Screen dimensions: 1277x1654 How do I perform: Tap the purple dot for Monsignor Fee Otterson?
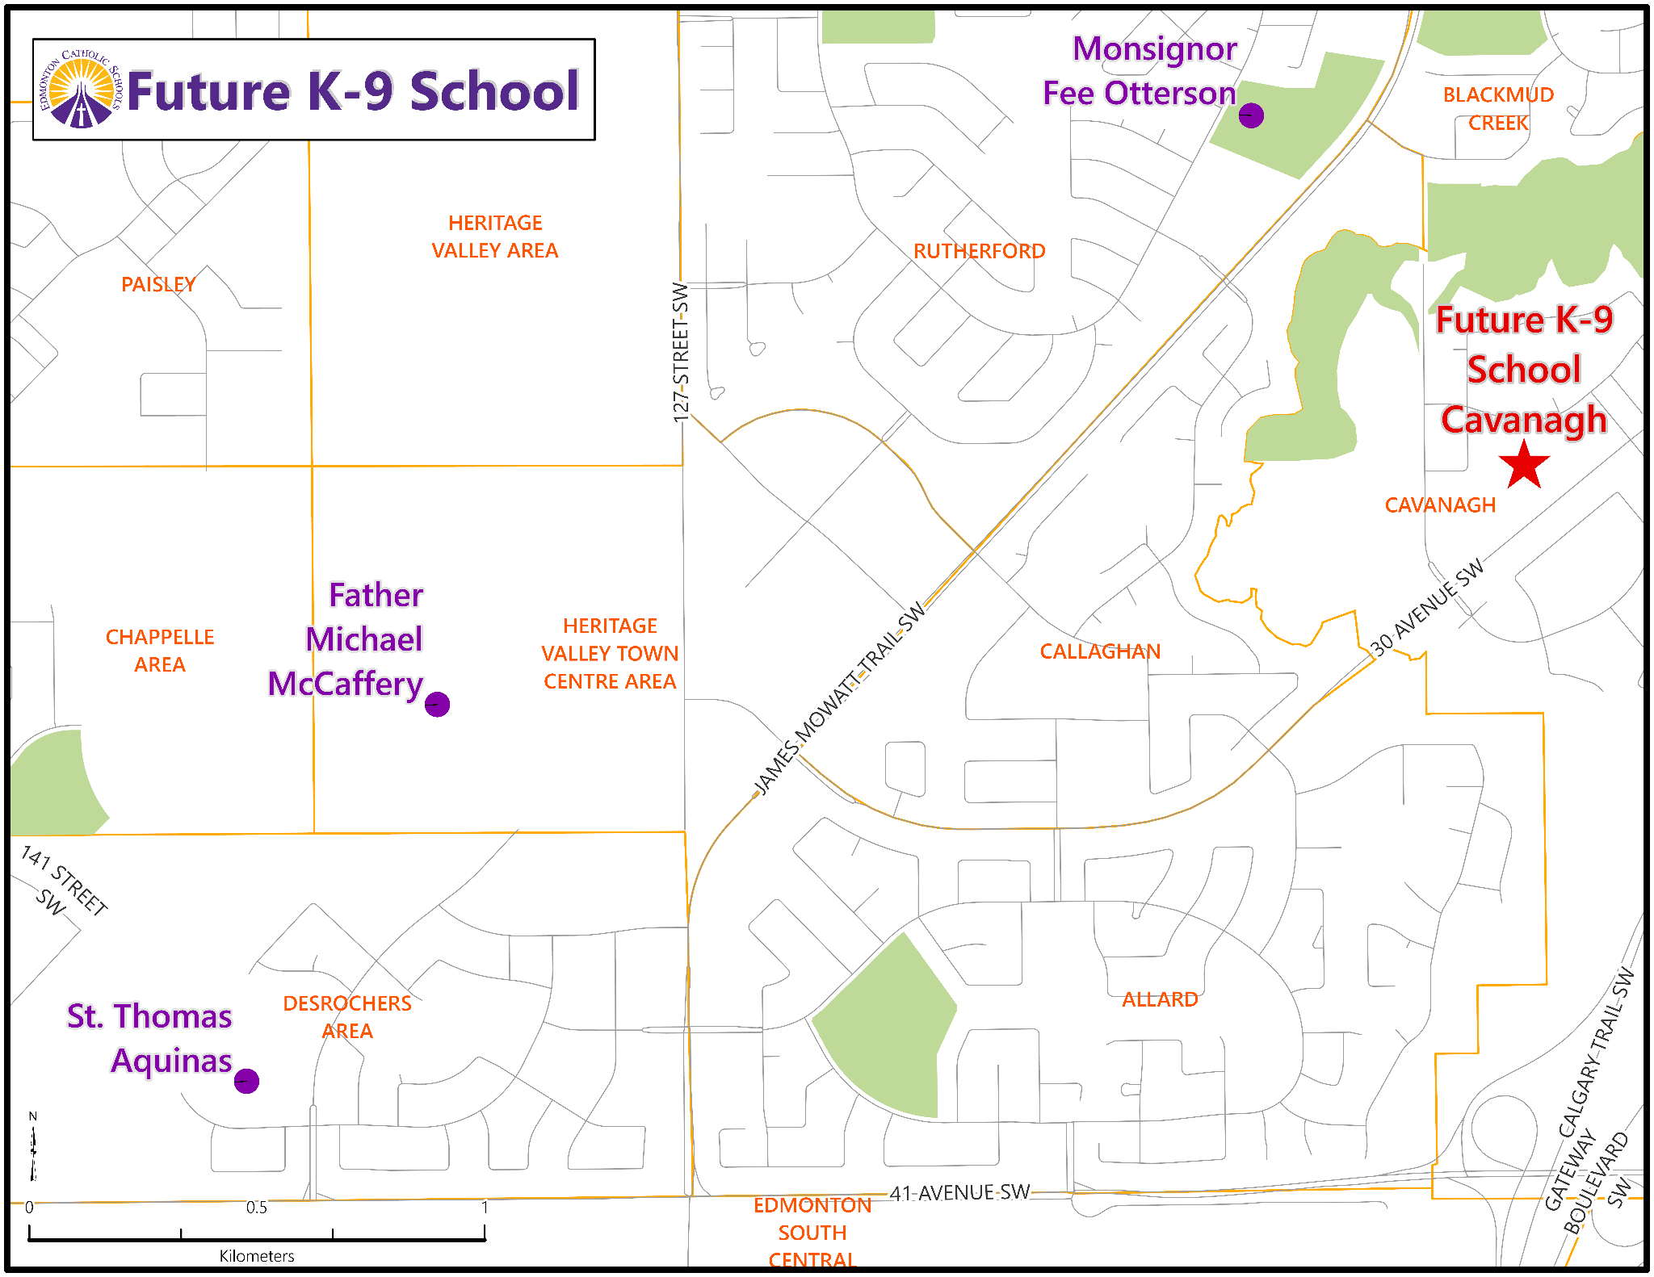[x=1251, y=115]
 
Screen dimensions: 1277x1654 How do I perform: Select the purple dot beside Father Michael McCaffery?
[x=437, y=704]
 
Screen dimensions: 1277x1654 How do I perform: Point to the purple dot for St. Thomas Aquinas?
[x=246, y=1081]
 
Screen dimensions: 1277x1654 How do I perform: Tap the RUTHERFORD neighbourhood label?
[x=979, y=251]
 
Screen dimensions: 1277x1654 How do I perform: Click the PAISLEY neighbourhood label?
[x=158, y=284]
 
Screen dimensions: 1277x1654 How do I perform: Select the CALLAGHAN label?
[x=1100, y=651]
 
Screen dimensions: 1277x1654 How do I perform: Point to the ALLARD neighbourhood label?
[x=1160, y=999]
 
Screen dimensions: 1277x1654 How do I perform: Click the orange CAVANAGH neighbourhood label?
[x=1440, y=505]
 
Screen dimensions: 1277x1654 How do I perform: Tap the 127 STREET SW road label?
[x=681, y=352]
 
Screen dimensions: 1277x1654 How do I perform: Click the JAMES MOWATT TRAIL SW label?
[x=839, y=699]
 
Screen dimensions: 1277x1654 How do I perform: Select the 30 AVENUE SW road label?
[x=1428, y=607]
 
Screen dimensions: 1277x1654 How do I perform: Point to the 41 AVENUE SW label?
[x=959, y=1192]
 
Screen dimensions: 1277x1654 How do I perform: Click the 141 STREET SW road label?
[x=64, y=881]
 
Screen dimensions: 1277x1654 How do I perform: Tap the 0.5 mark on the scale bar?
[x=257, y=1208]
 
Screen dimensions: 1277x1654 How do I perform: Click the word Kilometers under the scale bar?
[x=257, y=1256]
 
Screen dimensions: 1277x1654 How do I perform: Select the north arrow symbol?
[x=33, y=1146]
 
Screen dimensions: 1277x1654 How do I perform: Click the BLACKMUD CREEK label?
[x=1498, y=109]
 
